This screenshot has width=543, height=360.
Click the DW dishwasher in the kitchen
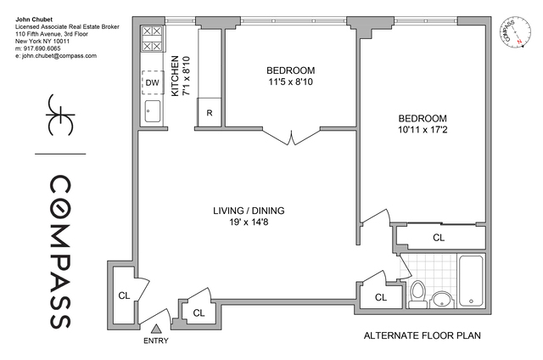pos(152,82)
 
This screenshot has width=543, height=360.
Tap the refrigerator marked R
pos(209,111)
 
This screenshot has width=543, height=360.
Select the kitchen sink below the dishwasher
pos(153,110)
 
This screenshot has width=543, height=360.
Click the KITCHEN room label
pos(176,75)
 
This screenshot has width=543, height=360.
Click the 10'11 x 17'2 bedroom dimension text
pos(426,133)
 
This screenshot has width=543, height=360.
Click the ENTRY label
pos(156,341)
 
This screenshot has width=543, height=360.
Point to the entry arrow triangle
pos(156,329)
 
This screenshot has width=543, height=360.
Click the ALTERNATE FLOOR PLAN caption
pos(422,335)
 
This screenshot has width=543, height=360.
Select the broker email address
pos(56,56)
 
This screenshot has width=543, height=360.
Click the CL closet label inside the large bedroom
pos(439,238)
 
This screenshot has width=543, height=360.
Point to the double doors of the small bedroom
pos(290,137)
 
